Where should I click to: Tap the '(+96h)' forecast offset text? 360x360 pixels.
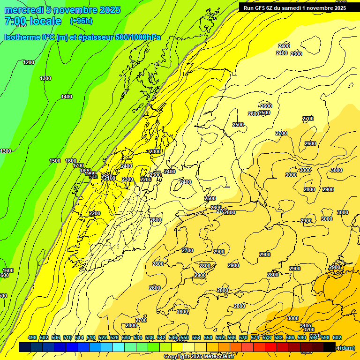[81, 21]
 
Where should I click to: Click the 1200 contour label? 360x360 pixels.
[29, 62]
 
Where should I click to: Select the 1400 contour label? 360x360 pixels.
[67, 97]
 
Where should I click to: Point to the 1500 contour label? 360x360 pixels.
[55, 161]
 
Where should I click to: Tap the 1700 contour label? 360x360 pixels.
[78, 165]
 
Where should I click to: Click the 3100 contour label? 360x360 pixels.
[306, 326]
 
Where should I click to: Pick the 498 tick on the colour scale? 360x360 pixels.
[32, 337]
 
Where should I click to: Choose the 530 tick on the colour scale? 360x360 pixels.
[126, 337]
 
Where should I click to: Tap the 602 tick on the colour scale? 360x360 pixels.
[337, 337]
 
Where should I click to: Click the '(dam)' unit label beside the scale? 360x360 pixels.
[347, 347]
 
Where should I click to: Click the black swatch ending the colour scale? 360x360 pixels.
[330, 347]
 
